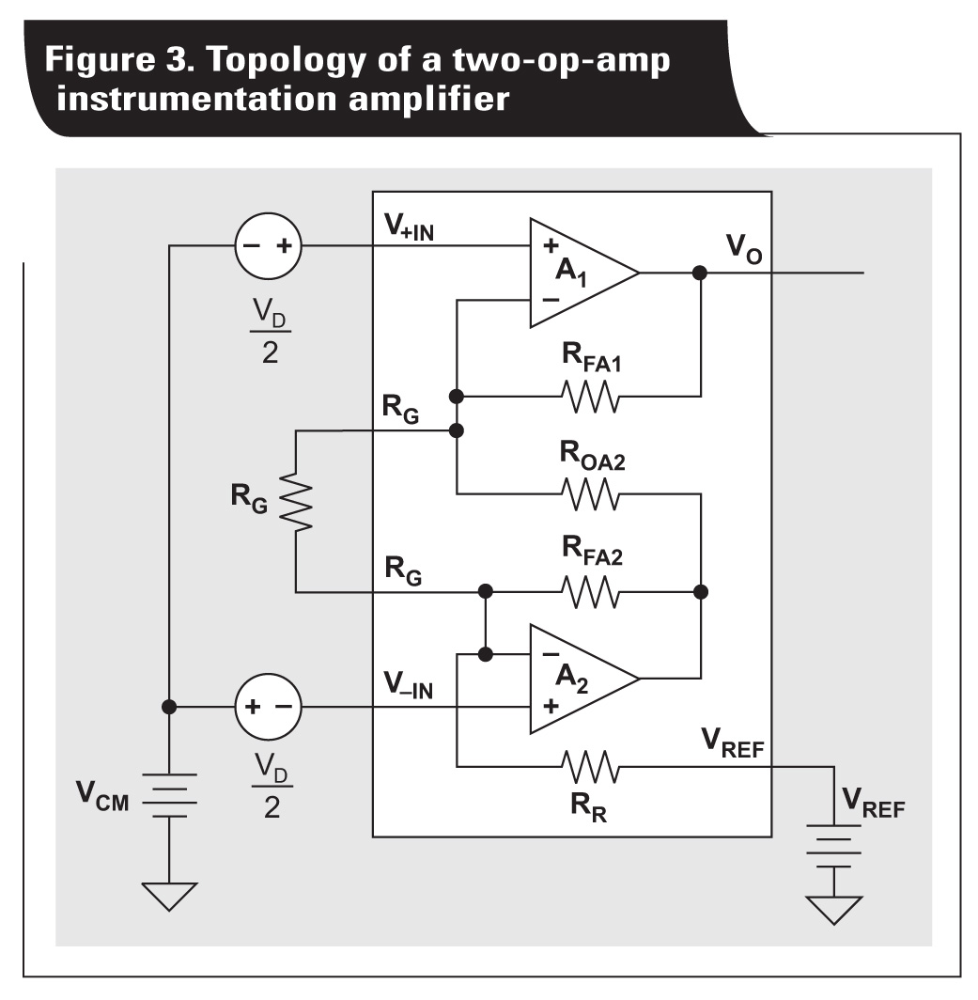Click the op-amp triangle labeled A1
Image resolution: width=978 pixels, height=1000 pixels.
click(x=578, y=273)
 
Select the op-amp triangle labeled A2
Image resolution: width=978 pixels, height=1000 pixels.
click(x=578, y=680)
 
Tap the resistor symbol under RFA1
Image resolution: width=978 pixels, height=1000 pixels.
click(x=590, y=396)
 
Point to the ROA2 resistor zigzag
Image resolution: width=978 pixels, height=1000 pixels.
click(x=590, y=493)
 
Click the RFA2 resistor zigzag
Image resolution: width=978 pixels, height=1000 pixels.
click(x=590, y=592)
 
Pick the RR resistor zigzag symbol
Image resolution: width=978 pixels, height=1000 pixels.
click(x=590, y=767)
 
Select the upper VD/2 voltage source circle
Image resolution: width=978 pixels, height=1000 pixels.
click(x=267, y=247)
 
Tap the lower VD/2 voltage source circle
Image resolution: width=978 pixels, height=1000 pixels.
click(x=267, y=707)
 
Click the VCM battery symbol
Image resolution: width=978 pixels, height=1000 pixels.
click(x=170, y=795)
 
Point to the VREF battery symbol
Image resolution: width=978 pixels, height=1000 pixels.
click(x=833, y=846)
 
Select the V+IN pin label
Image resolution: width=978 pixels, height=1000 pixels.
click(x=409, y=227)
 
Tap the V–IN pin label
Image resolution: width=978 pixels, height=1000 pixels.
click(x=409, y=688)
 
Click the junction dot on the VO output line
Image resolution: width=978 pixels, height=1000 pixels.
click(x=700, y=273)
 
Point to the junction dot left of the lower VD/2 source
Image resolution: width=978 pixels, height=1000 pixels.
click(x=170, y=707)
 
